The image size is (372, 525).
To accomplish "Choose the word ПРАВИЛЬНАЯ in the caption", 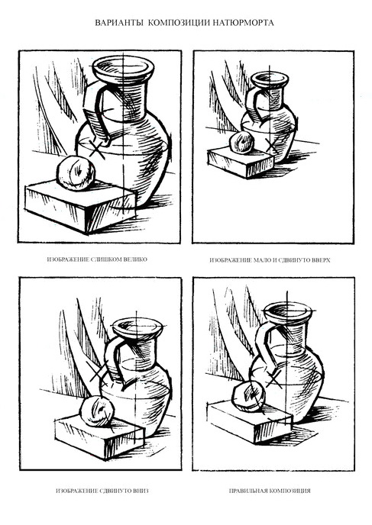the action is tap(247, 491).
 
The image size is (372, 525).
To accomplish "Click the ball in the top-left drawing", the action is tap(76, 172).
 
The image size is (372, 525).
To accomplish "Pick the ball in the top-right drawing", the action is tap(241, 143).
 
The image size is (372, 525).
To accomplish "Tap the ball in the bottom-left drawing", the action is tap(97, 411).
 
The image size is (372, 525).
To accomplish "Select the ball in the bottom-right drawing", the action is tap(249, 396).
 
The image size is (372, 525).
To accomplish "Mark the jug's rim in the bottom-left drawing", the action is tap(137, 328).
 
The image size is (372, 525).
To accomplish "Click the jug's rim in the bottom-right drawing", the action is tap(288, 311).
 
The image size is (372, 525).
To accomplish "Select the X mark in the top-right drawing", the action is tap(271, 145).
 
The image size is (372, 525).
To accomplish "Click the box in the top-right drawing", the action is tap(241, 163).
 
